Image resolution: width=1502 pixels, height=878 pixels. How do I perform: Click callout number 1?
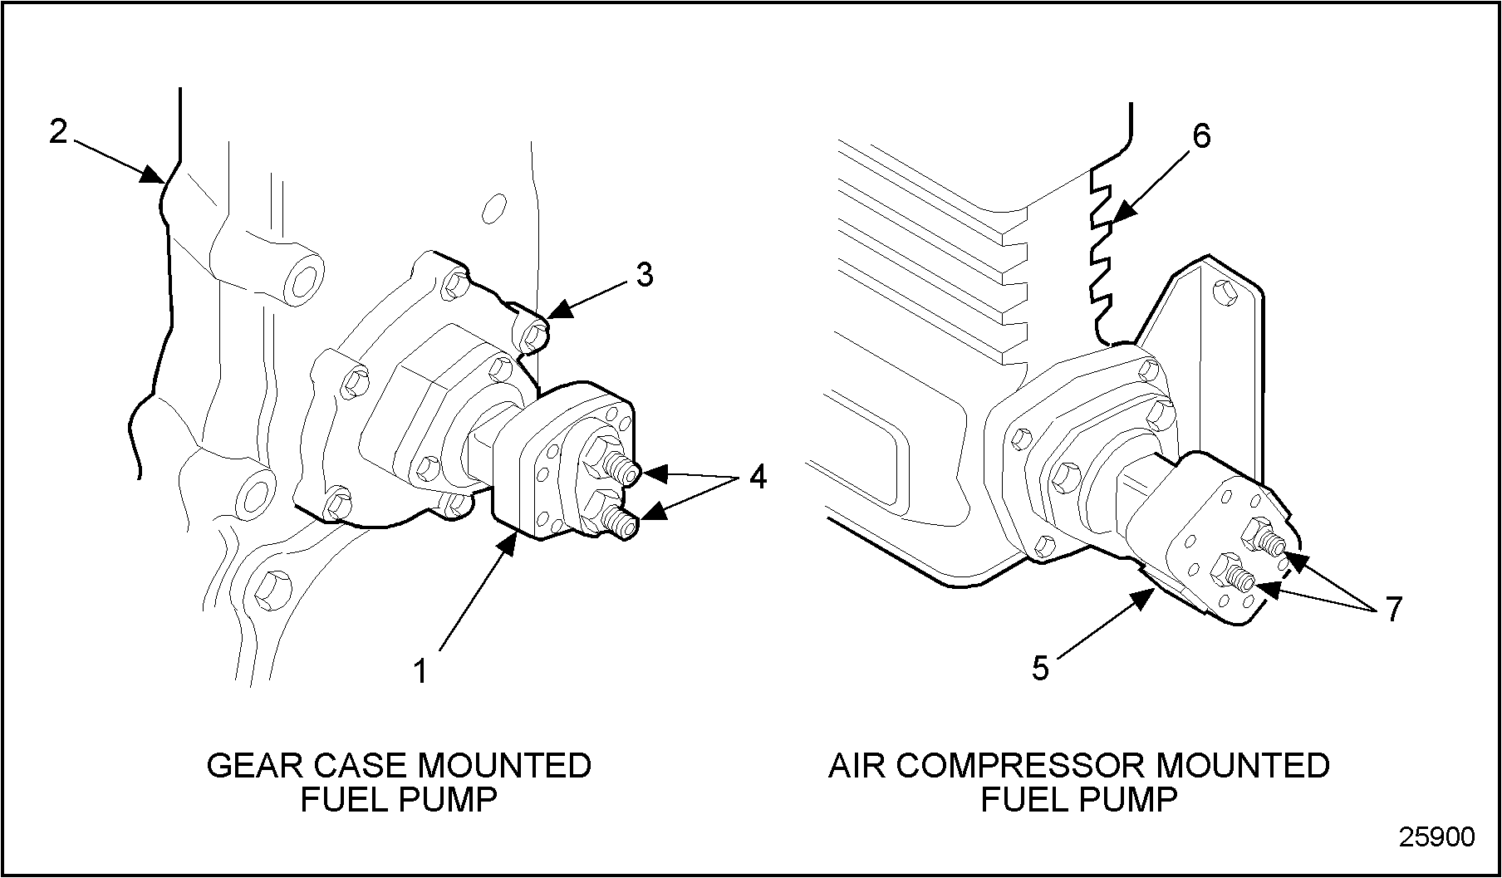pos(421,670)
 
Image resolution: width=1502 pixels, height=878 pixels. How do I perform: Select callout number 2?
pos(57,131)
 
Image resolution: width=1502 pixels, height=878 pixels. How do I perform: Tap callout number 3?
pos(645,275)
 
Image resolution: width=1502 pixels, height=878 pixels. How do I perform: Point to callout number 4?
pos(757,477)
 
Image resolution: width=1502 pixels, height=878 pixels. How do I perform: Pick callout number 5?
pos(1040,667)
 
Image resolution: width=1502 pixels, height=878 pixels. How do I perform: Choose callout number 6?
pos(1201,136)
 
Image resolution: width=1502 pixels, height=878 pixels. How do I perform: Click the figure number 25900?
pos(1436,836)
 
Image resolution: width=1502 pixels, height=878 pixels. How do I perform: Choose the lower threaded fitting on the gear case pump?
pos(624,522)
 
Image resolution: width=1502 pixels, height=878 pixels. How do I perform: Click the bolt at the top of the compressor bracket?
pos(1225,292)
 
